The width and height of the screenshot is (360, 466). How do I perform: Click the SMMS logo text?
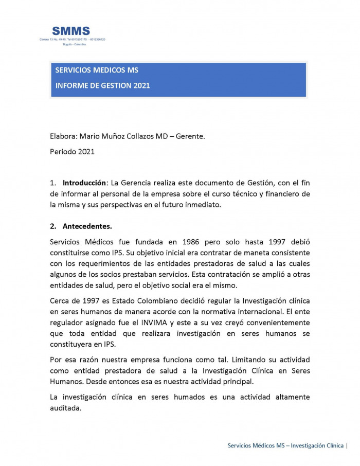point(71,31)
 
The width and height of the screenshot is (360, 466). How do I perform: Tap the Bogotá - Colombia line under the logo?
point(74,44)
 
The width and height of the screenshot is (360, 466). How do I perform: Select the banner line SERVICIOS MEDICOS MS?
point(97,70)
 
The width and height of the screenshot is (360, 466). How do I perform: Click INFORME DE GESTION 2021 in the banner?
point(103,85)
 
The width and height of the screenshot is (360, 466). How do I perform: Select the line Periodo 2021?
point(73,152)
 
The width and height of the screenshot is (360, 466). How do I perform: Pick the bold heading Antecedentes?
point(87,226)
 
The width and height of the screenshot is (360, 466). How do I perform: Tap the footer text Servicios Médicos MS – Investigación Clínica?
point(285,445)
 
